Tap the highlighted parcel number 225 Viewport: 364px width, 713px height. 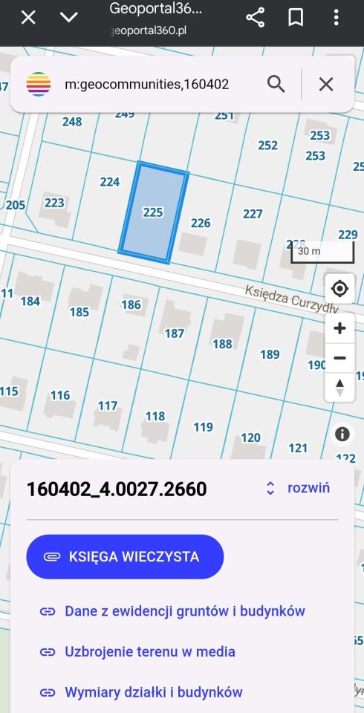[152, 212]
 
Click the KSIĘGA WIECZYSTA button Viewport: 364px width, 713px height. [125, 556]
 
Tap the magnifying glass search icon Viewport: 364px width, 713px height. [276, 84]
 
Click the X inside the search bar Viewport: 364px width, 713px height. [326, 84]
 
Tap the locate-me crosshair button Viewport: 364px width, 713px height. [339, 288]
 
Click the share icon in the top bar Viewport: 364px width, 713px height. [256, 18]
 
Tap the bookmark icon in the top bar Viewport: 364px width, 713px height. [296, 18]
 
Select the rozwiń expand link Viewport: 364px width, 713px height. [299, 488]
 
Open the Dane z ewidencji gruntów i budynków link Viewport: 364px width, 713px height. [185, 611]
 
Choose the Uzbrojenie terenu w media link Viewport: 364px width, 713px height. [150, 651]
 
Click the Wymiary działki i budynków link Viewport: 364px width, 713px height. [154, 691]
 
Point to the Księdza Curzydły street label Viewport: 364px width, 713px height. [292, 299]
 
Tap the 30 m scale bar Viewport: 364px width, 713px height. [322, 252]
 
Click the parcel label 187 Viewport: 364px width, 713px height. [175, 333]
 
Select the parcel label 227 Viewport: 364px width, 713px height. [253, 214]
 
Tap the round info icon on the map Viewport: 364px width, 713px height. [342, 434]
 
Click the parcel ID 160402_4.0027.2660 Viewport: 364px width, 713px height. [117, 489]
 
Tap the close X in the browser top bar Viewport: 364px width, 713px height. [28, 18]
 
